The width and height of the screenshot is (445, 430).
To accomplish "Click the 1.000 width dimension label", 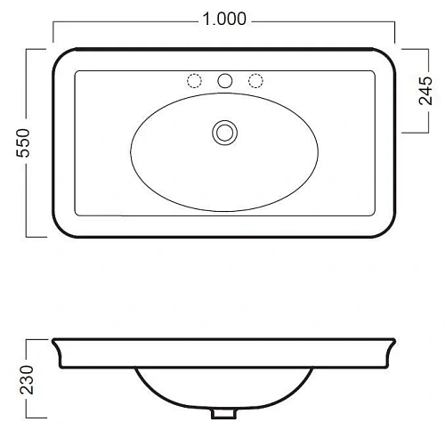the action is click(x=224, y=19).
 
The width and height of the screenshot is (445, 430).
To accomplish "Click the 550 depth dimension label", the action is click(x=23, y=142).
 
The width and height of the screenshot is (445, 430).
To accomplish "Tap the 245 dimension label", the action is click(x=425, y=91).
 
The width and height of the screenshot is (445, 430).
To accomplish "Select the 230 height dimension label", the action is click(x=27, y=379).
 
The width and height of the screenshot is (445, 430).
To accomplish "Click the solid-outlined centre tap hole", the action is click(x=224, y=81).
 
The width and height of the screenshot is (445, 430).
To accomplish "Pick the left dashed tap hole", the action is click(x=194, y=81).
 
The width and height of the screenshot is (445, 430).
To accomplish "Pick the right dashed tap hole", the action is click(x=255, y=81).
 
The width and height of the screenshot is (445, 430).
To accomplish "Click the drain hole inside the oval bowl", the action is click(x=224, y=133).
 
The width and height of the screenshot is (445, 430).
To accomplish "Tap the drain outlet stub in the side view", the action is click(x=223, y=414).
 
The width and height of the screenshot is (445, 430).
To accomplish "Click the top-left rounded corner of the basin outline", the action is click(x=59, y=54).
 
